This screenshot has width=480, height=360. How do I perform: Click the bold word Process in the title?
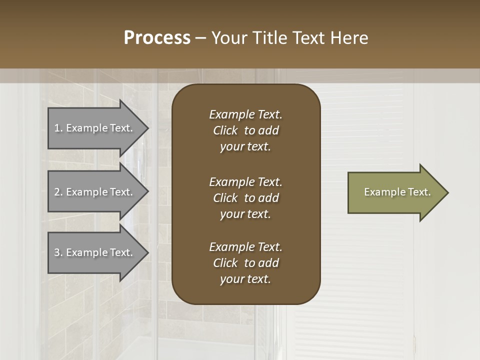pos(157,38)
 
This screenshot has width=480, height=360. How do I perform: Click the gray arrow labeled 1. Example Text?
pos(95,128)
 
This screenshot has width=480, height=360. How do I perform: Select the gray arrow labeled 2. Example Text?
pos(95,192)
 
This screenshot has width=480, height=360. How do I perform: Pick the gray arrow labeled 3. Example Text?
pos(95,252)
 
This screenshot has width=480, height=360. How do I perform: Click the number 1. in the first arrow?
pos(58,128)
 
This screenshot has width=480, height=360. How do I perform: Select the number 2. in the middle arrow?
pos(58,192)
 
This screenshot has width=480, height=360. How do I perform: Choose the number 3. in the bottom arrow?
pos(58,252)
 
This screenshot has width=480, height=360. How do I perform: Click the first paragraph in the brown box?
pos(245,130)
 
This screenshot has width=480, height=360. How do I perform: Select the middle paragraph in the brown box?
pos(245,197)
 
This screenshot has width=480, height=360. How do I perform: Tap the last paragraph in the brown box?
pos(245,263)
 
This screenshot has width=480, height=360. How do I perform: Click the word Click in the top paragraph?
pos(225,130)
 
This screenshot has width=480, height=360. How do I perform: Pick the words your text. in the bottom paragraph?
pos(245,279)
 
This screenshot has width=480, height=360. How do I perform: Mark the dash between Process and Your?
pos(201,38)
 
